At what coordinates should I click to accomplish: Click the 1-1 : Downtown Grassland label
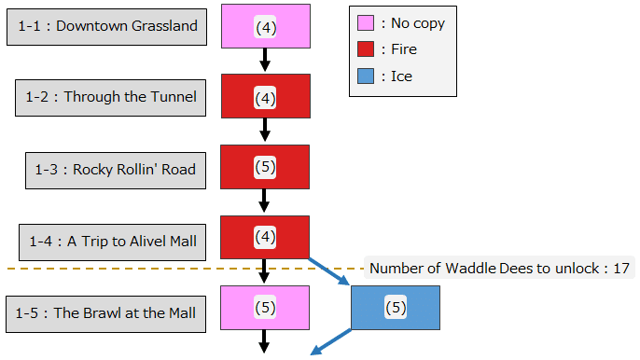click(x=106, y=26)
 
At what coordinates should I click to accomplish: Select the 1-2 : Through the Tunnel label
click(x=111, y=97)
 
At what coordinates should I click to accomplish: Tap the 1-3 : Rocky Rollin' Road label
click(x=115, y=169)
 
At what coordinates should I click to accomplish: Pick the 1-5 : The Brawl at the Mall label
click(x=105, y=312)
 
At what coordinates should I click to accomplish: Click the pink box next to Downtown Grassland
click(x=265, y=26)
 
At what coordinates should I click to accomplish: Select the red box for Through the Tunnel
click(x=265, y=96)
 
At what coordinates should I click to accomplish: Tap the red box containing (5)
click(x=265, y=167)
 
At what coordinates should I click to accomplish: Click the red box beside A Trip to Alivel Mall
click(x=265, y=237)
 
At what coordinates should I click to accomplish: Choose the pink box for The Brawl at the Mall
click(x=265, y=308)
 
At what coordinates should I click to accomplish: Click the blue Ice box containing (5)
click(x=395, y=308)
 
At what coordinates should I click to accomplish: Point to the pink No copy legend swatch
click(x=367, y=22)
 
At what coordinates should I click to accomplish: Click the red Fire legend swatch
click(x=367, y=49)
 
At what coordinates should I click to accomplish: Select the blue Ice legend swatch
click(x=367, y=76)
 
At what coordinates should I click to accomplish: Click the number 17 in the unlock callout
click(x=621, y=269)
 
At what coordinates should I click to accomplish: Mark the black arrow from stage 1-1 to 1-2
click(x=265, y=60)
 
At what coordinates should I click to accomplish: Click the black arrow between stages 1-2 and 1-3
click(x=265, y=131)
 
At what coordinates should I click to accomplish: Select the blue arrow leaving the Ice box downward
click(x=331, y=343)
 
